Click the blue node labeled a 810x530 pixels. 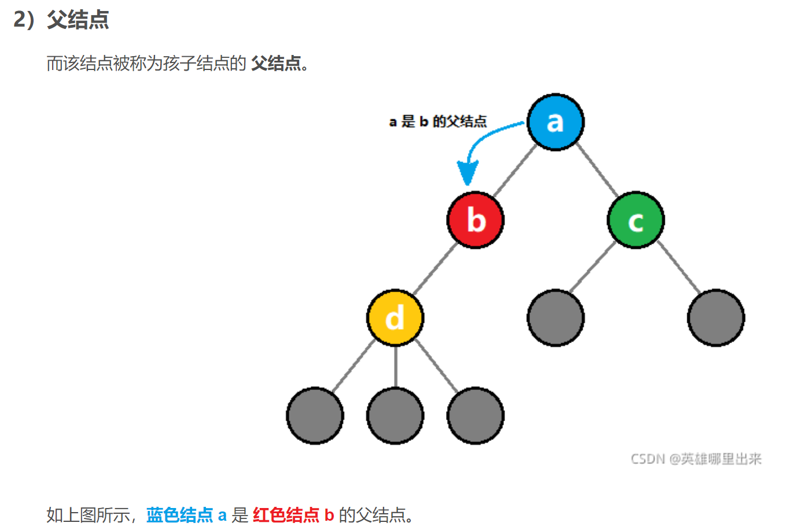555,122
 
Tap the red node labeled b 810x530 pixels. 476,220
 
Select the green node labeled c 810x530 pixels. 636,220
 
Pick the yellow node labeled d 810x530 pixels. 395,318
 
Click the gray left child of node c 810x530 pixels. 555,318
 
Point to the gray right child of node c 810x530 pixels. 716,318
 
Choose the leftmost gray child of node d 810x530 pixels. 315,415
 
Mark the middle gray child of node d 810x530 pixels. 395,415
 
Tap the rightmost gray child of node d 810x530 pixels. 476,415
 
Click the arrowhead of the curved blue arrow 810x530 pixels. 467,174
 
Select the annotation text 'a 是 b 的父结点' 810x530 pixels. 438,122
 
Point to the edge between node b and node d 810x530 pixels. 435,269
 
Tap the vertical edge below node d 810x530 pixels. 395,367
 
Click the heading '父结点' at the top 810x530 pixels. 78,20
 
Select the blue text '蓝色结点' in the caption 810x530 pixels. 179,514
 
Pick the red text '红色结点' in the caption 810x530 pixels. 286,514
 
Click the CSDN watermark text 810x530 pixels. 696,459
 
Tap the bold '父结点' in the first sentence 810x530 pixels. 276,63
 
